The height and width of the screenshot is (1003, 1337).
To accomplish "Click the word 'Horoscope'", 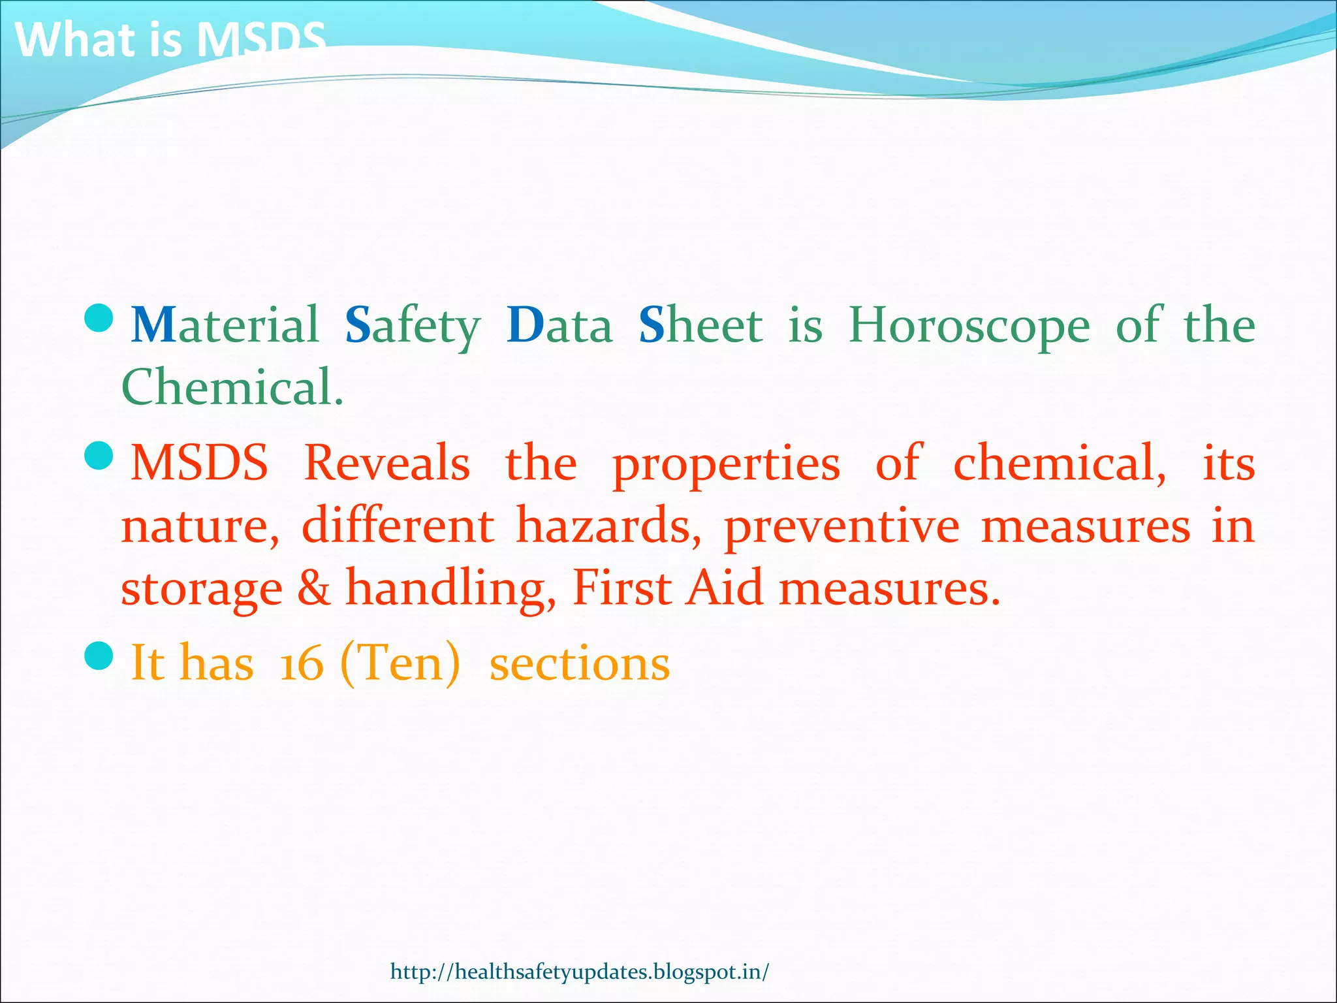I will click(969, 325).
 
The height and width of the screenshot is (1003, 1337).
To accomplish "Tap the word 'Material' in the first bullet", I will click(225, 325).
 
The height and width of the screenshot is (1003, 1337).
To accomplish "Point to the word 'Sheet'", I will click(700, 325).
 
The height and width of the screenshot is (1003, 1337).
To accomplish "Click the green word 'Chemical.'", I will click(232, 387).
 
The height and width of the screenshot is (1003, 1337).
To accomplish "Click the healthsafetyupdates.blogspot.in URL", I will click(580, 972).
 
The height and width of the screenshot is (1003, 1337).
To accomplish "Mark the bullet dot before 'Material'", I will click(99, 318).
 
